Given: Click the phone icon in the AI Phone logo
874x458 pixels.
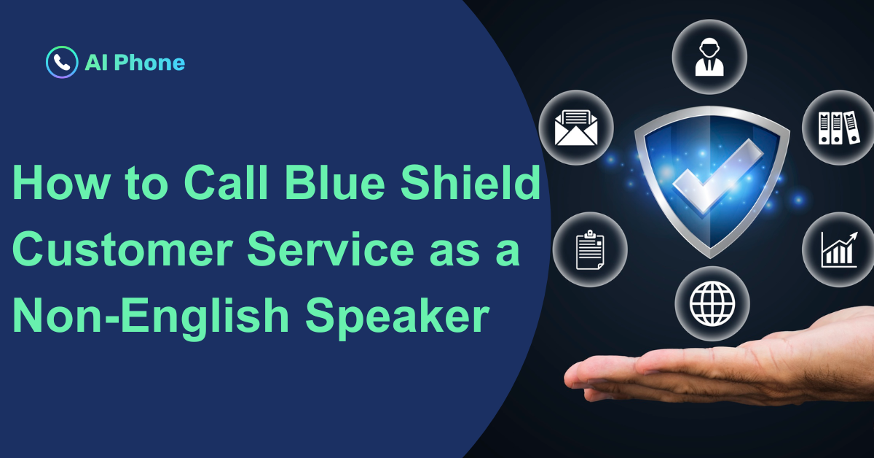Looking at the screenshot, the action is click(62, 62).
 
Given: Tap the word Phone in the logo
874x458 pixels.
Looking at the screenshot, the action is click(149, 63).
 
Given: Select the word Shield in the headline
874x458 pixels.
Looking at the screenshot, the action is click(471, 182).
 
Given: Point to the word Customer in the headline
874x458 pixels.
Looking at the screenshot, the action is click(122, 249).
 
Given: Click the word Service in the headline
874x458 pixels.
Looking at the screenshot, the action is click(331, 249).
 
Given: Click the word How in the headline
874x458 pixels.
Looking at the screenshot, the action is click(61, 182).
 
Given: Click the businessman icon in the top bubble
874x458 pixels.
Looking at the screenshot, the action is click(709, 57).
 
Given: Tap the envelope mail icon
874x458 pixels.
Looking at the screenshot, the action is click(576, 128).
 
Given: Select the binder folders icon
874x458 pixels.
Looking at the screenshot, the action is click(839, 128).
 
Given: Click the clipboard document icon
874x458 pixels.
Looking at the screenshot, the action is click(590, 249).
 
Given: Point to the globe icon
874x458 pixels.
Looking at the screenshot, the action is click(712, 303).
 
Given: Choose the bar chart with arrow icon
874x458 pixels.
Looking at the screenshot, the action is click(839, 249).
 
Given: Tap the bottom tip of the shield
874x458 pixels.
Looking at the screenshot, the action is click(710, 257).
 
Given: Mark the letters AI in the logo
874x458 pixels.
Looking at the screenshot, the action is click(96, 63).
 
